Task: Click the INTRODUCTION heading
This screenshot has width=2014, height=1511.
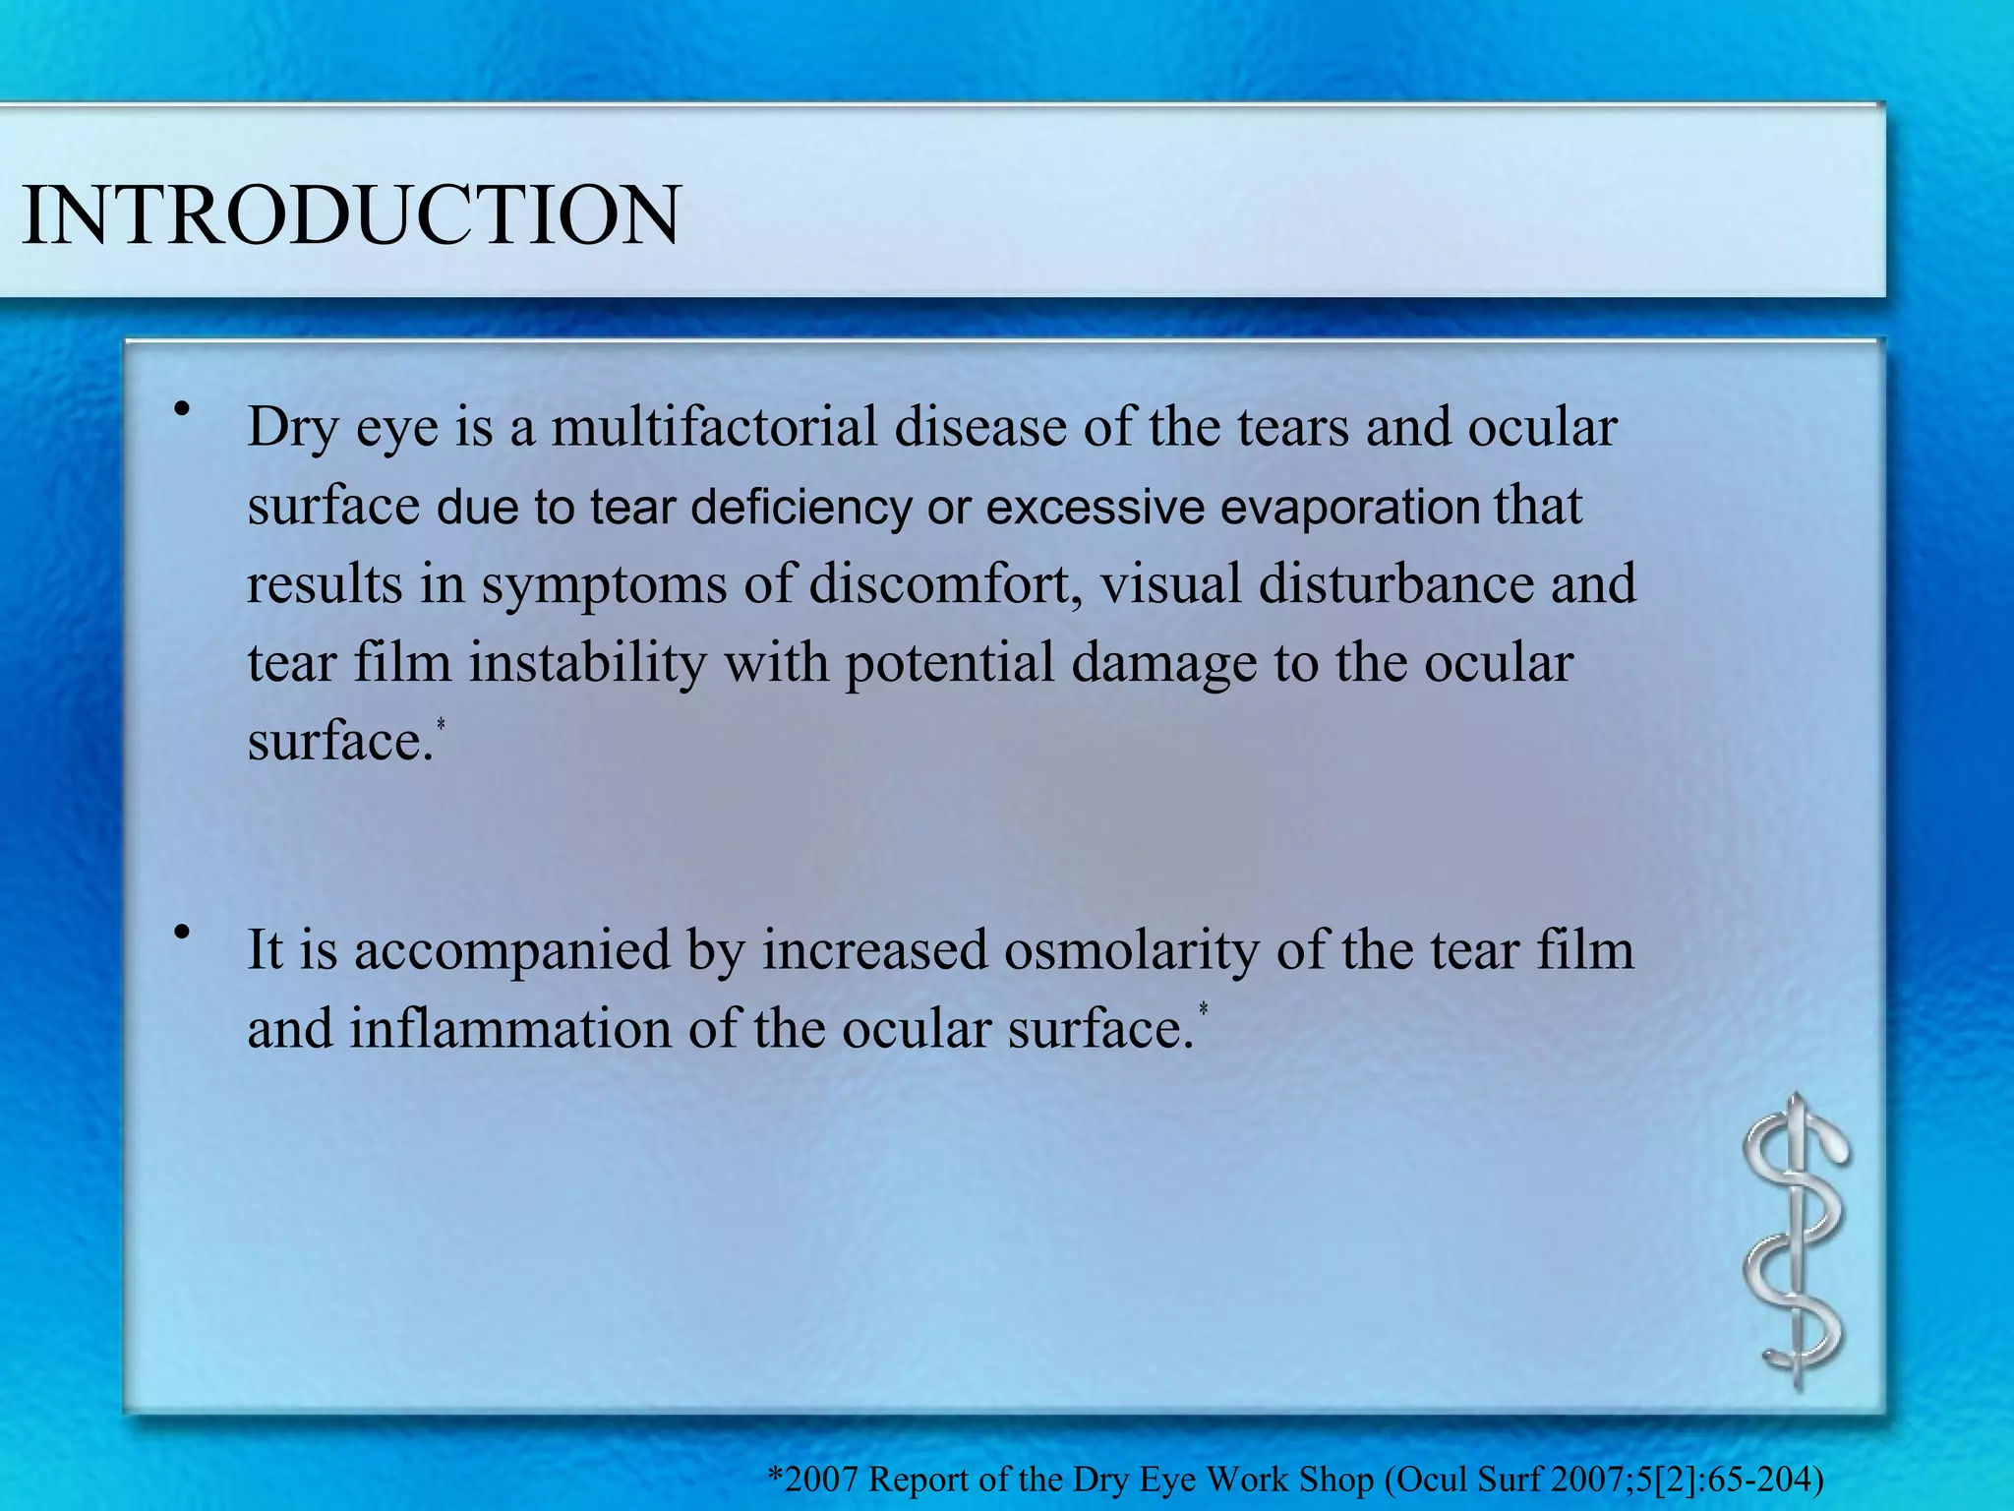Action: click(x=350, y=214)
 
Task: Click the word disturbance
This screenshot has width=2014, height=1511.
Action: click(x=1395, y=584)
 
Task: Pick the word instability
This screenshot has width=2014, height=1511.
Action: click(x=587, y=662)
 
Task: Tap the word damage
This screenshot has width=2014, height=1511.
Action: click(x=1163, y=664)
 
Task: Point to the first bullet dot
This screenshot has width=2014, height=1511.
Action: click(x=180, y=409)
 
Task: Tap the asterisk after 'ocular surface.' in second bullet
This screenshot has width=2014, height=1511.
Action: click(x=1203, y=1009)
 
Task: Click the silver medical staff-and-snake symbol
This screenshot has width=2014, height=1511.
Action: click(x=1795, y=1241)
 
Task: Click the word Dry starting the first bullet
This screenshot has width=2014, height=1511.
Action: click(x=291, y=428)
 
